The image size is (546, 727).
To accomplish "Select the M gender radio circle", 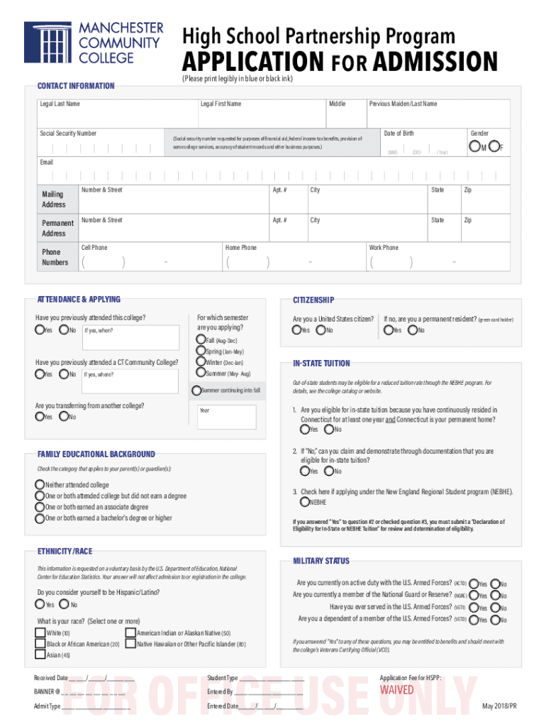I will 474,147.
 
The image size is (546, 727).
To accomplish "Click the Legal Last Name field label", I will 60,104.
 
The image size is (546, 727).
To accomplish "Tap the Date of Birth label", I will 399,133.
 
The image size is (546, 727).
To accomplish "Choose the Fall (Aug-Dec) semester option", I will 200,340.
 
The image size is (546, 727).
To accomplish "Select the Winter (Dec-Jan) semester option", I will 200,362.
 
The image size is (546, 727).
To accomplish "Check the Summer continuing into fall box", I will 196,390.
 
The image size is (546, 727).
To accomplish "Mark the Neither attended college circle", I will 40,485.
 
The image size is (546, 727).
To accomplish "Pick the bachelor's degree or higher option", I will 40,518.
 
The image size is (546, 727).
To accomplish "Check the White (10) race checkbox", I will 40,633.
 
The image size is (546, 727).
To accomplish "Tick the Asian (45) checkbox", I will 40,655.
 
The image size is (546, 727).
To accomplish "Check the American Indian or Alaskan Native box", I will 130,633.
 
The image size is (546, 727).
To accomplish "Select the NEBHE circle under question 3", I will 304,502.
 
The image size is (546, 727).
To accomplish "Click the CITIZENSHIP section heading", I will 313,300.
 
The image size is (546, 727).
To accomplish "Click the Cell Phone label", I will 94,248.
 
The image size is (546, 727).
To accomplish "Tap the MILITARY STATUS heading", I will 321,561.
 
